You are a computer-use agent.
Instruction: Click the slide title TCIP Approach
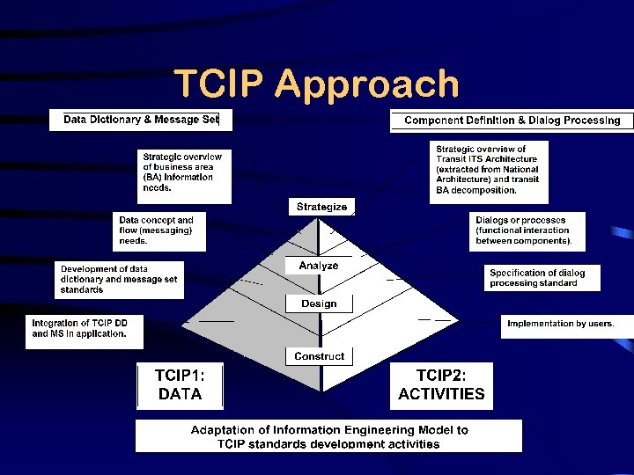[x=316, y=84]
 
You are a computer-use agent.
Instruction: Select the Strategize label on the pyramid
[x=321, y=207]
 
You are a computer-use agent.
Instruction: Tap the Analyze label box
[x=318, y=266]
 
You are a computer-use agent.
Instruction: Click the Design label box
[x=319, y=303]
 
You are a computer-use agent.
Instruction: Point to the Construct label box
[x=319, y=356]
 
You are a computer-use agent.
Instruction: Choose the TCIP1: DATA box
[x=180, y=385]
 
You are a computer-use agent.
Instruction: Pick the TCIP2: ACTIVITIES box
[x=441, y=385]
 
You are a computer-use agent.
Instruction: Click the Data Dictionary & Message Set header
[x=141, y=120]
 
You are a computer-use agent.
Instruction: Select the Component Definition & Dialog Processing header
[x=512, y=121]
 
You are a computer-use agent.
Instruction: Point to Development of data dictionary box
[x=119, y=279]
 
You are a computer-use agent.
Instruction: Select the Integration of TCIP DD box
[x=84, y=329]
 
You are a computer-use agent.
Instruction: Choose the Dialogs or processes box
[x=524, y=230]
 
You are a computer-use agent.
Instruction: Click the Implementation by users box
[x=560, y=324]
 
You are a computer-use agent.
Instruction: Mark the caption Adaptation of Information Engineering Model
[x=328, y=436]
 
